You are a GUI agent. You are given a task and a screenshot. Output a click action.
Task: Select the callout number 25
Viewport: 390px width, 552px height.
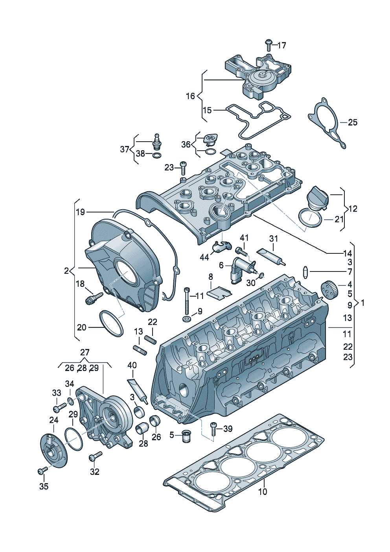pos(352,122)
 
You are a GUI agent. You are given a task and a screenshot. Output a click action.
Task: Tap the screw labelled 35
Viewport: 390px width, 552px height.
pos(42,470)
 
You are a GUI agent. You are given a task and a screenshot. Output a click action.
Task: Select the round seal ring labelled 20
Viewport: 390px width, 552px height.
pos(111,323)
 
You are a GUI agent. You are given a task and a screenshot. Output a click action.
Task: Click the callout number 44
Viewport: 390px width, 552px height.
pos(204,257)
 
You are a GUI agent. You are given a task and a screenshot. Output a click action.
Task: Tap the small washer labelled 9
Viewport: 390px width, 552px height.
pos(186,319)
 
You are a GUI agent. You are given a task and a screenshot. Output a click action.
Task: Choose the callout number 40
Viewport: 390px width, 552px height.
pos(132,365)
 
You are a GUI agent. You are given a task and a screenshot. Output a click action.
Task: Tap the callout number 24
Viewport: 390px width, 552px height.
pos(54,420)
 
